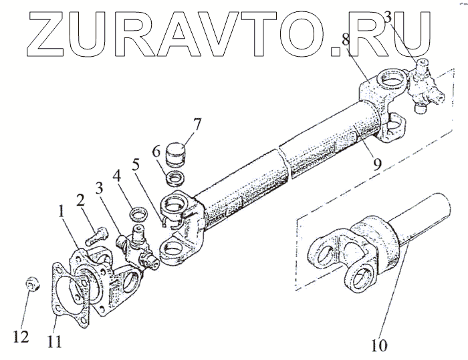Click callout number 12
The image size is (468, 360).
point(23,337)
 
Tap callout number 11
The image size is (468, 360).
point(55,341)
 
